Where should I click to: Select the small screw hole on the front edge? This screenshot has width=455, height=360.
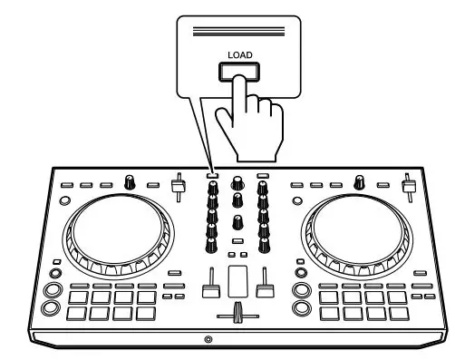[208, 339]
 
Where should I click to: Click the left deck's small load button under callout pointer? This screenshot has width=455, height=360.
[211, 174]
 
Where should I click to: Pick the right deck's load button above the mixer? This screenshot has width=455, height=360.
[262, 174]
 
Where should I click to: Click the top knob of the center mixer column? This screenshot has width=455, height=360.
[237, 180]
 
